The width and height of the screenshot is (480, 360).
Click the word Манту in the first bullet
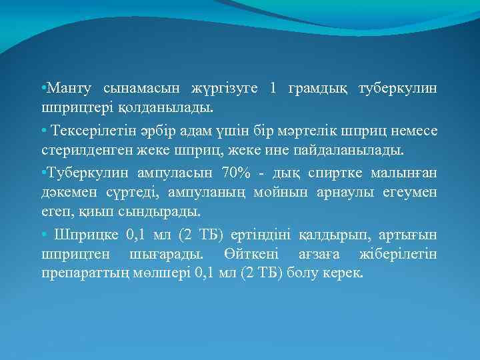(69, 89)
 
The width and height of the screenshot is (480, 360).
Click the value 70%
(235, 173)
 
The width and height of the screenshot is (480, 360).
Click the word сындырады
(167, 211)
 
